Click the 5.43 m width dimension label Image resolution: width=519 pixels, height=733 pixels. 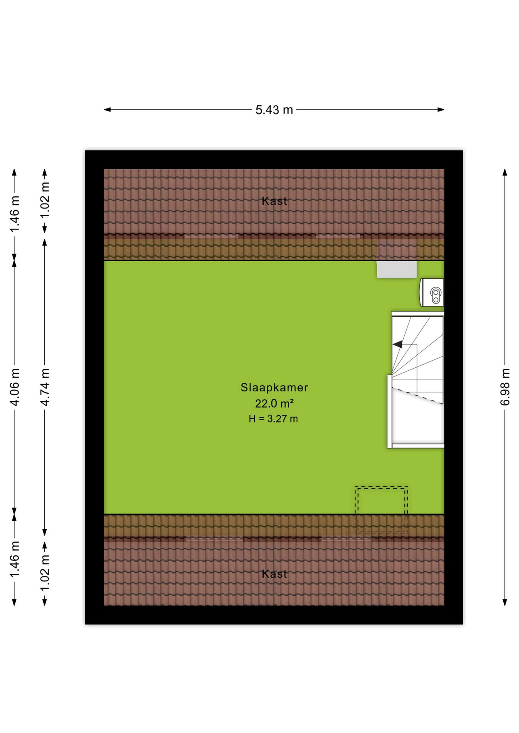[274, 110]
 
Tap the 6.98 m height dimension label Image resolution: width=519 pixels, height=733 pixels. [505, 387]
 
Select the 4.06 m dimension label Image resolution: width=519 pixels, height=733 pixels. [15, 387]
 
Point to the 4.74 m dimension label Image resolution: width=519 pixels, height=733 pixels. [45, 387]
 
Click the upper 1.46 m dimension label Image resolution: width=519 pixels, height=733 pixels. [15, 214]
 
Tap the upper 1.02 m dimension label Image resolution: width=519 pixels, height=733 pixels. [45, 200]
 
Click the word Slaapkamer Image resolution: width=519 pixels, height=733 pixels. [274, 387]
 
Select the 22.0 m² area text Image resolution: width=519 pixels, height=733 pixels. [274, 404]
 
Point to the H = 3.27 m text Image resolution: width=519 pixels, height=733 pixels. [273, 419]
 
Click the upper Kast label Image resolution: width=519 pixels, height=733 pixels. [274, 201]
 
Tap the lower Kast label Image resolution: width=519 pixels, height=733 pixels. [274, 574]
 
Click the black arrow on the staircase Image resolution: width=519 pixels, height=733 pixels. [398, 344]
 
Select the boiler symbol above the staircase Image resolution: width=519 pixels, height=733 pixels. [432, 292]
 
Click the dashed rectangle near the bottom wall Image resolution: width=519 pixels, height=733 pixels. [381, 488]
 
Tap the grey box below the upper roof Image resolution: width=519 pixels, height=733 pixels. [397, 270]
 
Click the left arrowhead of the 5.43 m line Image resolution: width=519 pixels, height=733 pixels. [107, 110]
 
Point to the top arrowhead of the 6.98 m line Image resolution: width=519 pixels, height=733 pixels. [505, 172]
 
